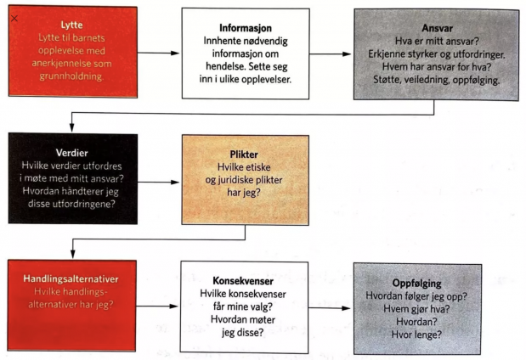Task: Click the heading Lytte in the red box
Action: click(71, 25)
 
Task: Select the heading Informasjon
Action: click(246, 28)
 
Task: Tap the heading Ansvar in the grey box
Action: click(437, 28)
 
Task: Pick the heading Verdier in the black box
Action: click(71, 153)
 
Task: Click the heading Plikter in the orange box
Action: click(244, 155)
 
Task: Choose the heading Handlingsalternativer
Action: click(71, 278)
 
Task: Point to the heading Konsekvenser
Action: click(243, 281)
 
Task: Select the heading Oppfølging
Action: click(416, 284)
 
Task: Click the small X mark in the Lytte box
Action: click(14, 19)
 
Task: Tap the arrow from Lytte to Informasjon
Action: click(158, 53)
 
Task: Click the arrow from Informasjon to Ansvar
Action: click(330, 54)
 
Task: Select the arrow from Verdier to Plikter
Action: click(158, 183)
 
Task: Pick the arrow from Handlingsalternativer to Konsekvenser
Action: click(157, 306)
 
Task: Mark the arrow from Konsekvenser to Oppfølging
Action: click(330, 308)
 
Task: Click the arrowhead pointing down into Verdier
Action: click(71, 127)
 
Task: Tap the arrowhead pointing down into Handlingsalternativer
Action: click(73, 254)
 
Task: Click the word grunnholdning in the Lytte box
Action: click(71, 76)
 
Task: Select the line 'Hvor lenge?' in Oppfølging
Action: click(416, 335)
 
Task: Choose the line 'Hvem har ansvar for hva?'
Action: click(437, 67)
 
